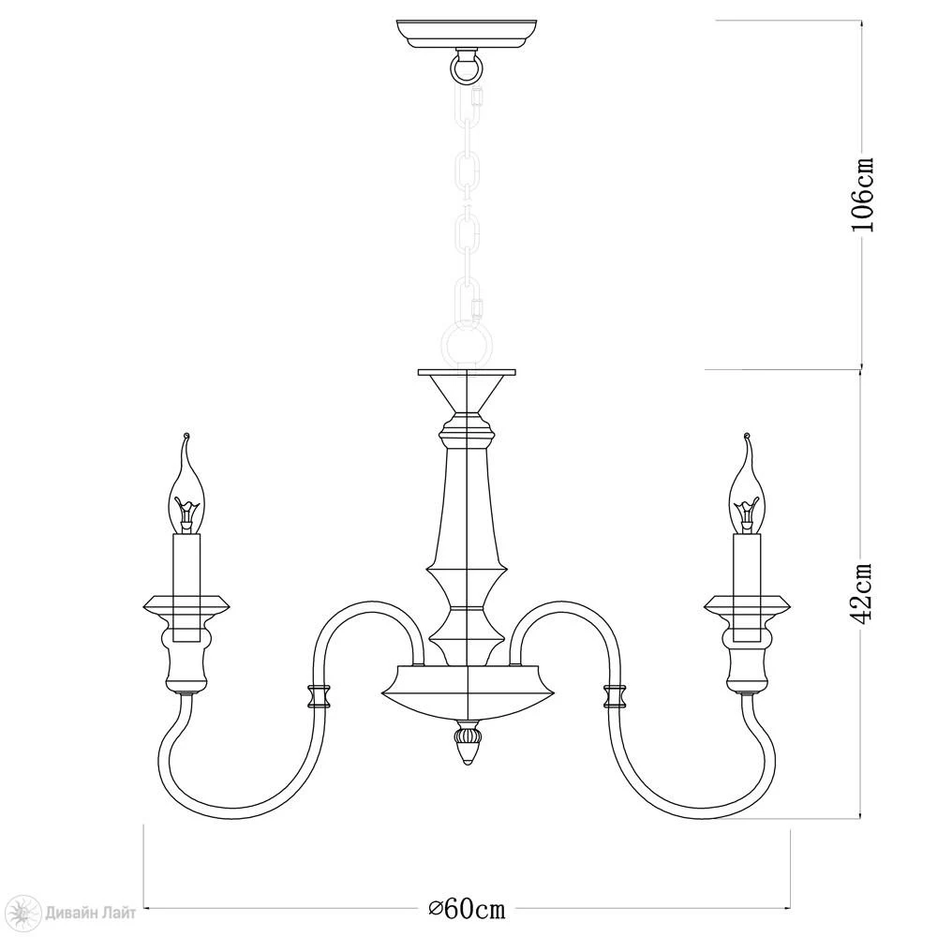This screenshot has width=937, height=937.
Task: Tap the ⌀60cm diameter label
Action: (x=468, y=909)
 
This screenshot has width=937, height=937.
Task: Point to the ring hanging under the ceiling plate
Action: (x=466, y=67)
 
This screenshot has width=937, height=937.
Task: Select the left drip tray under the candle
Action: (x=186, y=605)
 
